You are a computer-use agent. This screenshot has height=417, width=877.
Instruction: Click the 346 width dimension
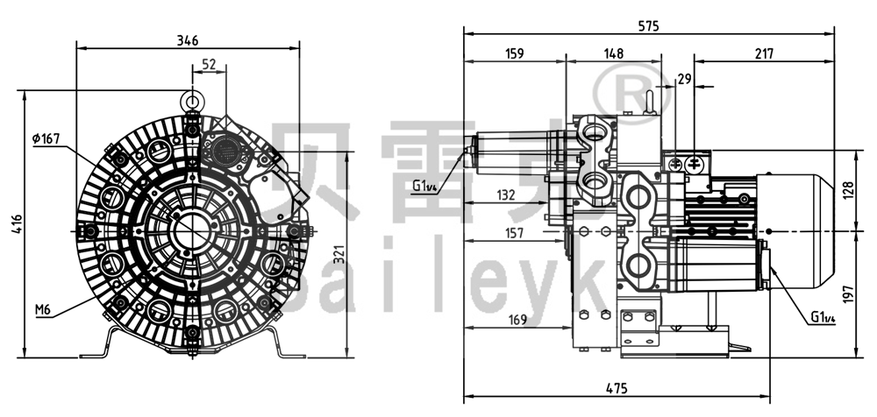(188, 40)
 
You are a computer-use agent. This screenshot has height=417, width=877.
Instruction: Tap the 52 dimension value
(210, 64)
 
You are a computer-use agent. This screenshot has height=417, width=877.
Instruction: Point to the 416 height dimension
(12, 223)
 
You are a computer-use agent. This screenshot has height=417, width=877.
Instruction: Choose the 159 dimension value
(515, 54)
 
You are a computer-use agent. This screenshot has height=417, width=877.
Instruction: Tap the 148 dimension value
(613, 54)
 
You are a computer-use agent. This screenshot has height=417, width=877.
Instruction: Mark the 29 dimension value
(685, 80)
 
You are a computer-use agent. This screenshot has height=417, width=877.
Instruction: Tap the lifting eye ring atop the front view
(193, 100)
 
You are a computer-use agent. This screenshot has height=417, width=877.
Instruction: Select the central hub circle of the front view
(192, 230)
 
